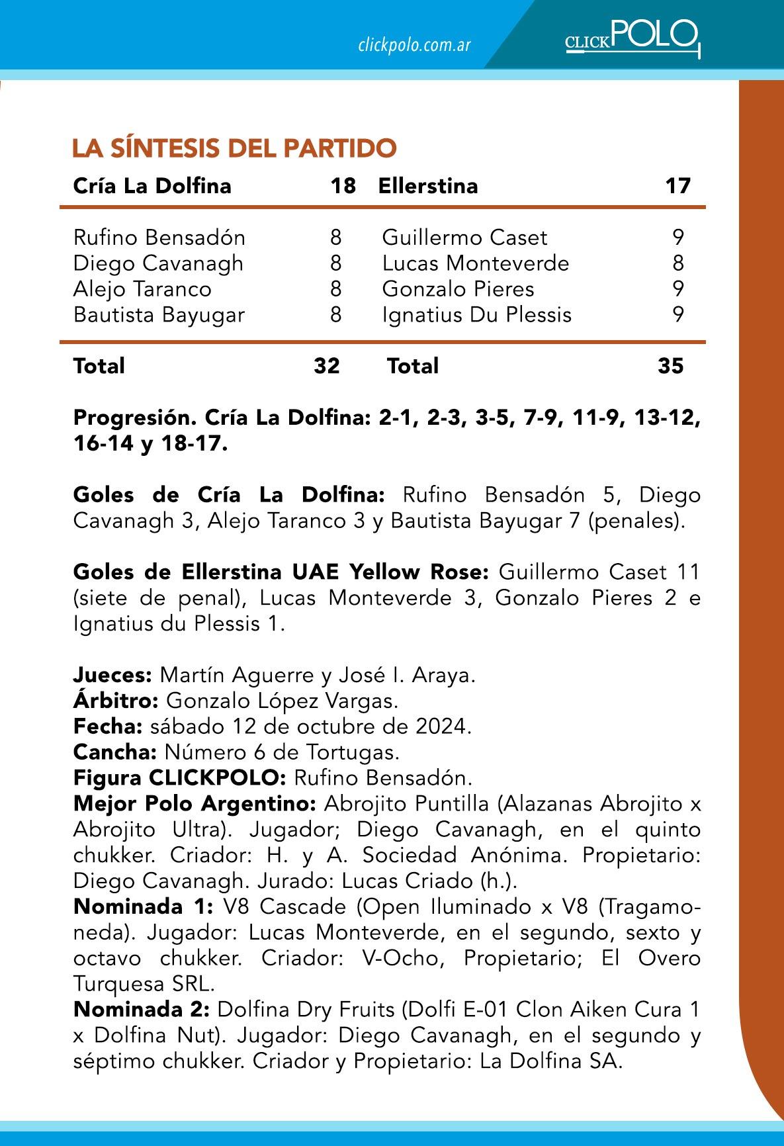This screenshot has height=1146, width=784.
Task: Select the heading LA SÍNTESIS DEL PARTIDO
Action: tap(234, 148)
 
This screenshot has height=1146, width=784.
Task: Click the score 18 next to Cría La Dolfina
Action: tap(343, 185)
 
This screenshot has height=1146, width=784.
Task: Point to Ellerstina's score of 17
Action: tap(677, 185)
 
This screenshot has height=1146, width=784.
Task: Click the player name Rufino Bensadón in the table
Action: tap(159, 237)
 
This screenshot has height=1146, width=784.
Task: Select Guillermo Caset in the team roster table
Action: tap(464, 237)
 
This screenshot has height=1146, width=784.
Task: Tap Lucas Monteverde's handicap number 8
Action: tap(678, 263)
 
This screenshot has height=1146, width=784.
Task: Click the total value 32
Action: tap(327, 365)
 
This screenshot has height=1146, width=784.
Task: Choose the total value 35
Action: tap(671, 365)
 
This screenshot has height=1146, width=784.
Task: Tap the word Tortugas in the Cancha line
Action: tap(363, 752)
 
